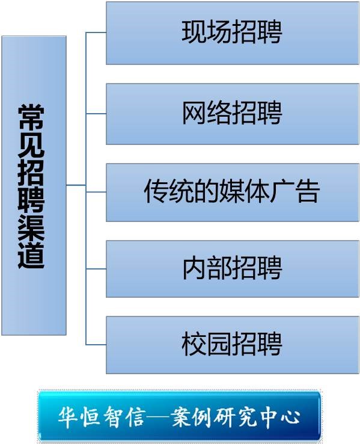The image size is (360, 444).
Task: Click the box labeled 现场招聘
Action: (233, 33)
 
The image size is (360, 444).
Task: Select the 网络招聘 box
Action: (233, 114)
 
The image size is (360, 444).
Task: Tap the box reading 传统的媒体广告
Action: (233, 193)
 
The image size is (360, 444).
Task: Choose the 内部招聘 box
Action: (233, 269)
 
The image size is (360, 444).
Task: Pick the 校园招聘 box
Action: (233, 345)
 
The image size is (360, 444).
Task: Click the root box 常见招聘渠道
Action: (34, 185)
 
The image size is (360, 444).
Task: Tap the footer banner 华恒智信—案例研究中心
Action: (179, 416)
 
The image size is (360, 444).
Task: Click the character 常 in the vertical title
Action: (31, 117)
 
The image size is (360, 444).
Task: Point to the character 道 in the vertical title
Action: (31, 255)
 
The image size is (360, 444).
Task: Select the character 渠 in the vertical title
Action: (31, 227)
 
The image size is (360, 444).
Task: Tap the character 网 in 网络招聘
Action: (194, 113)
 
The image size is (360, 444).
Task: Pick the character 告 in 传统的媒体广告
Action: (308, 191)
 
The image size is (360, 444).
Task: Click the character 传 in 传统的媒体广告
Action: (156, 191)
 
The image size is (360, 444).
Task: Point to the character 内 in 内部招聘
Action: (194, 268)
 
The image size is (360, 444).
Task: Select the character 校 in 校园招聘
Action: (194, 344)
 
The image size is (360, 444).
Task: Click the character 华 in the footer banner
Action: (69, 418)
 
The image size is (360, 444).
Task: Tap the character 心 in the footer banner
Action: (290, 418)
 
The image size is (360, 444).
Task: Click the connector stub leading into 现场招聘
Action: (96, 32)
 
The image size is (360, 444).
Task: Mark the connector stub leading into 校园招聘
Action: (96, 345)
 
